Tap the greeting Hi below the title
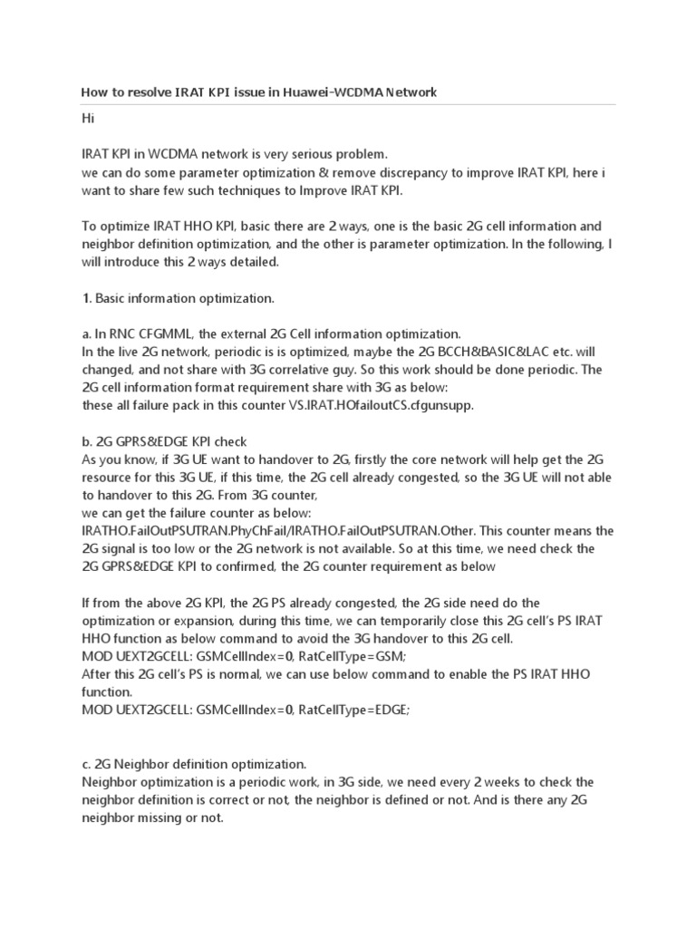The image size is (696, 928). point(88,119)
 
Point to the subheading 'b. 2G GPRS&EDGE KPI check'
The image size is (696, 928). point(164,441)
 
